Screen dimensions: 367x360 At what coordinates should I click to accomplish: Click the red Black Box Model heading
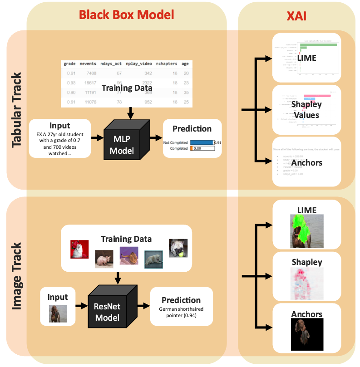pos(126,14)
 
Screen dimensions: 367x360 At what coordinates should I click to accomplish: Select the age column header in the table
pos(185,64)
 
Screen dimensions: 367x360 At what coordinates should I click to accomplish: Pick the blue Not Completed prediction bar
pos(202,142)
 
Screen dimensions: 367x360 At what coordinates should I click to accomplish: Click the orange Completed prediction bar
pos(192,148)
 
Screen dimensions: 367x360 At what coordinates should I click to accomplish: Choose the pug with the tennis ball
pos(178,248)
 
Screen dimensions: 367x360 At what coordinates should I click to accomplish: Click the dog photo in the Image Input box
pos(58,313)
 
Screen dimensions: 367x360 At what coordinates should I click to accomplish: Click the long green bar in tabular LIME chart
pos(318,44)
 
